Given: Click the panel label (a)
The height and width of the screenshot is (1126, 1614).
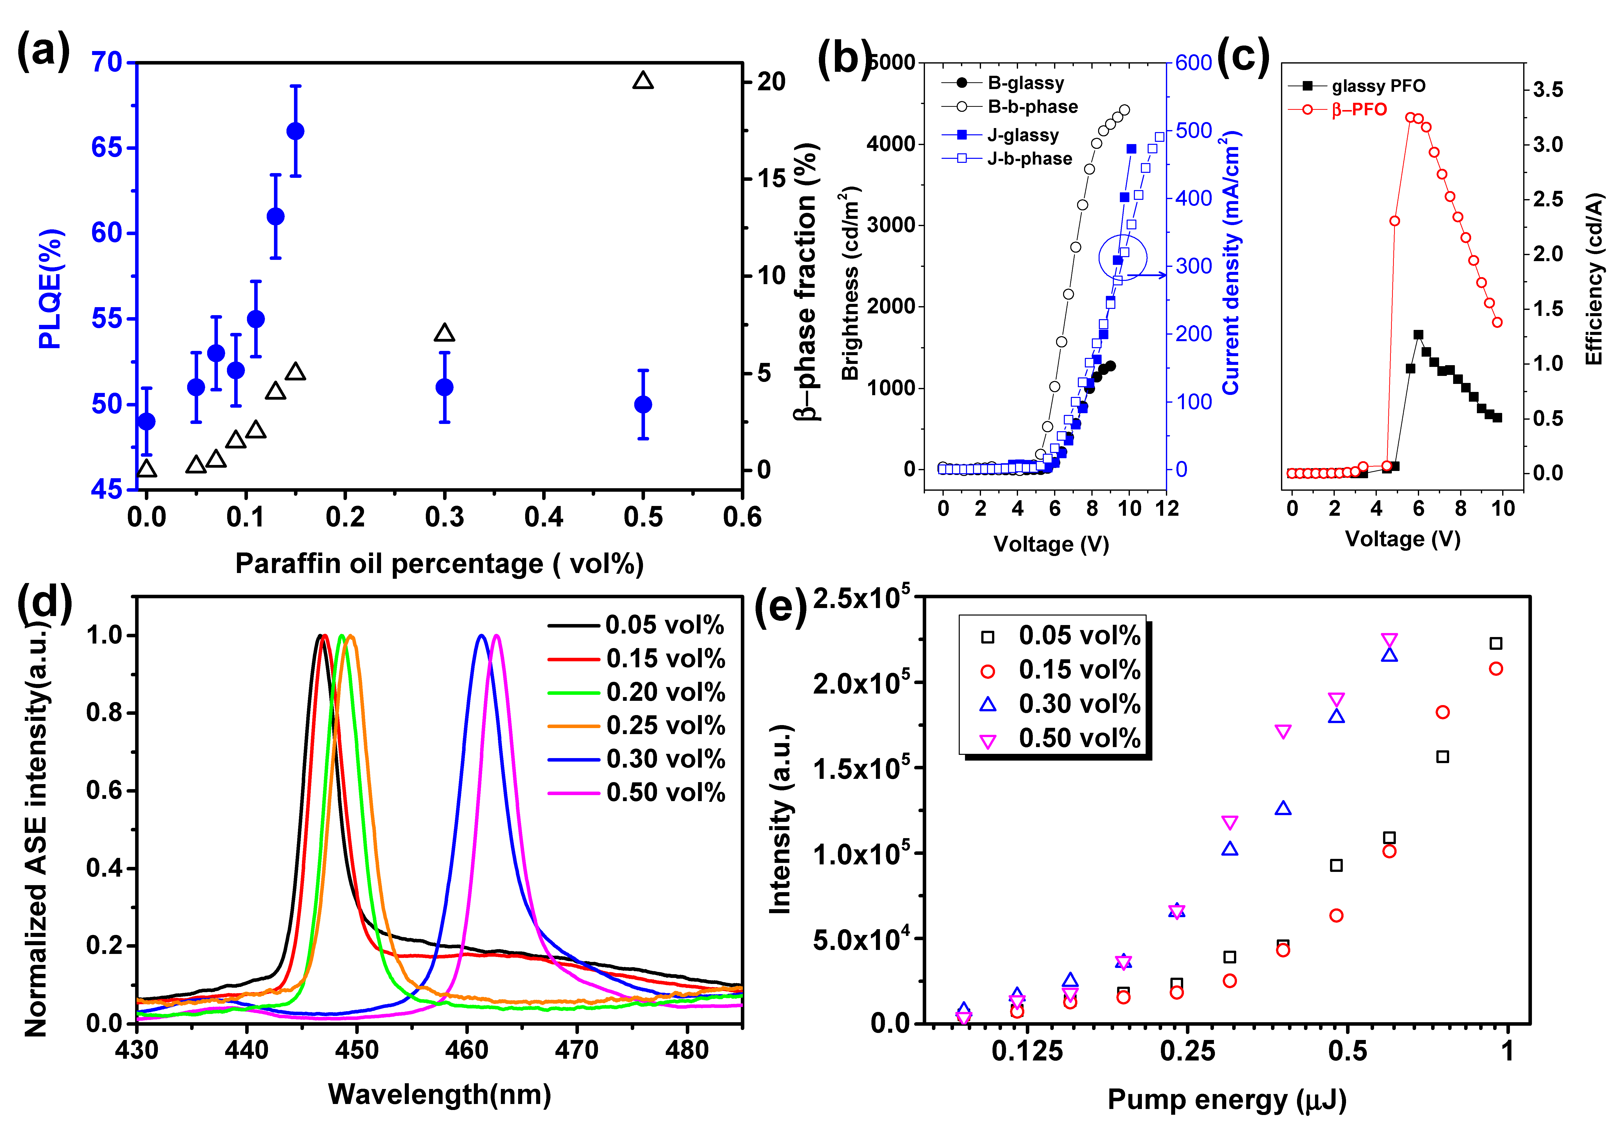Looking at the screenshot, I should point(44,51).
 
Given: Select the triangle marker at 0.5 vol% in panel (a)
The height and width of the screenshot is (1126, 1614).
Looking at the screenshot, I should point(642,81).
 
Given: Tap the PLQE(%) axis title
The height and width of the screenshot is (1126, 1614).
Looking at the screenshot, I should point(51,288).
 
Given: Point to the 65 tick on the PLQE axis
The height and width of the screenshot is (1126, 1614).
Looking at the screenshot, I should point(107,148).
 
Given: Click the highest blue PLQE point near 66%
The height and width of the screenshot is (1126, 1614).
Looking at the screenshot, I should point(295,132).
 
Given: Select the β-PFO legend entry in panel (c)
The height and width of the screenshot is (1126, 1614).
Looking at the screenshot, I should point(1358,110).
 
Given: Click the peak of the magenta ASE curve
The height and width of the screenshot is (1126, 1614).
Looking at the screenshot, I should point(496,636).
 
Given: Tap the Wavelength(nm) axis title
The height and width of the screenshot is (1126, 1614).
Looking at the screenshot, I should point(439,1094).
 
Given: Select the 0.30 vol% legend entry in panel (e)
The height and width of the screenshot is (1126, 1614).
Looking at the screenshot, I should point(1079,704).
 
